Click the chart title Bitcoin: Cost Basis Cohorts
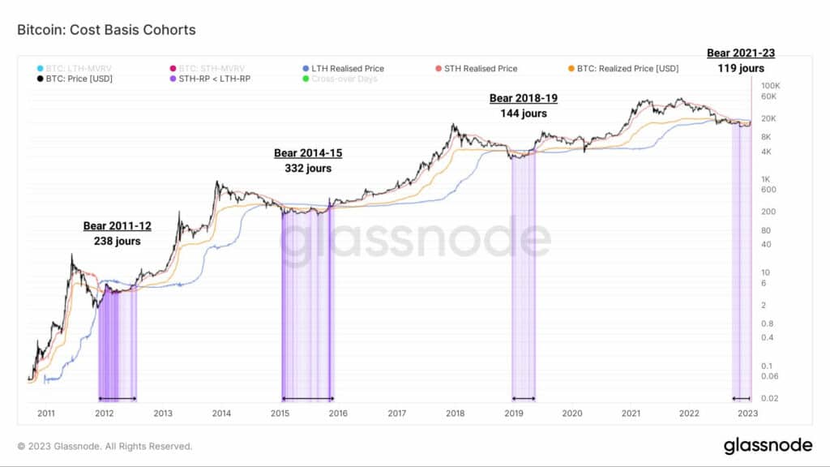point(106,30)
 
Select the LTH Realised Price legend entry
point(348,68)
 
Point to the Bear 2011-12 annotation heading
point(117,225)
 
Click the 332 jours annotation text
point(308,169)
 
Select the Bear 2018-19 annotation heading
point(524,98)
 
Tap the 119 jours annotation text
point(740,68)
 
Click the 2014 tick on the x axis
point(221,413)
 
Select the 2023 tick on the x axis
point(747,413)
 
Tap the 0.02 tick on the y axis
point(770,398)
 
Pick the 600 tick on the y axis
point(768,190)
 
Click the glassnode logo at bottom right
point(768,445)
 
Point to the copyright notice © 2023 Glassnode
point(105,446)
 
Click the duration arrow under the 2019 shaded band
point(523,398)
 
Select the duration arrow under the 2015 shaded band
point(307,398)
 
